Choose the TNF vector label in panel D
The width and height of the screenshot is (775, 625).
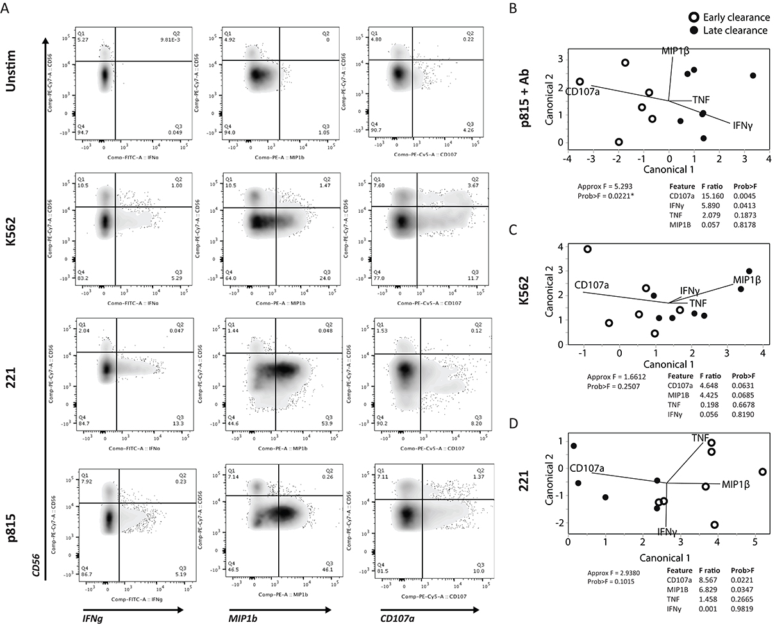pos(700,438)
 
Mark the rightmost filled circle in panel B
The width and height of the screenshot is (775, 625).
pos(753,76)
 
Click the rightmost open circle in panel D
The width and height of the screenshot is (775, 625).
pos(762,472)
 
